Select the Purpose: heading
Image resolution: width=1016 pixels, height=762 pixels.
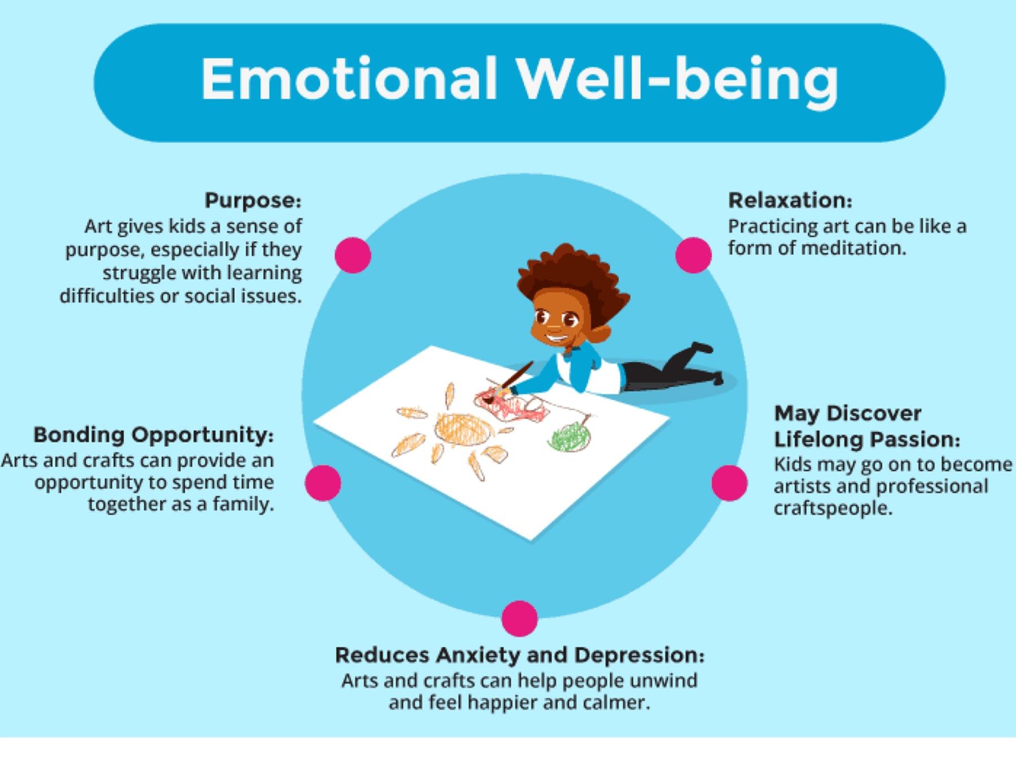(253, 200)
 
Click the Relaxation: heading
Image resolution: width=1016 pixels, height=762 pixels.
(790, 200)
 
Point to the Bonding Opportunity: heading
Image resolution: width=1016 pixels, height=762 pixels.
(154, 435)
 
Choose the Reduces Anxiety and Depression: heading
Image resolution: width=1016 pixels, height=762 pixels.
(520, 655)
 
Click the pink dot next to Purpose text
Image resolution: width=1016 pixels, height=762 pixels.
(353, 255)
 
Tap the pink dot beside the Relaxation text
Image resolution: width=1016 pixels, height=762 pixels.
(693, 255)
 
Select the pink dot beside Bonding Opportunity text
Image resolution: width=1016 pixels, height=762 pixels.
(323, 483)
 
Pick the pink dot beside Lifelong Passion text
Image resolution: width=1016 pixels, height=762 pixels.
(729, 483)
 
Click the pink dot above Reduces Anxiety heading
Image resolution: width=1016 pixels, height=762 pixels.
(519, 619)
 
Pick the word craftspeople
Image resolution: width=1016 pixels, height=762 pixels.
(833, 509)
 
